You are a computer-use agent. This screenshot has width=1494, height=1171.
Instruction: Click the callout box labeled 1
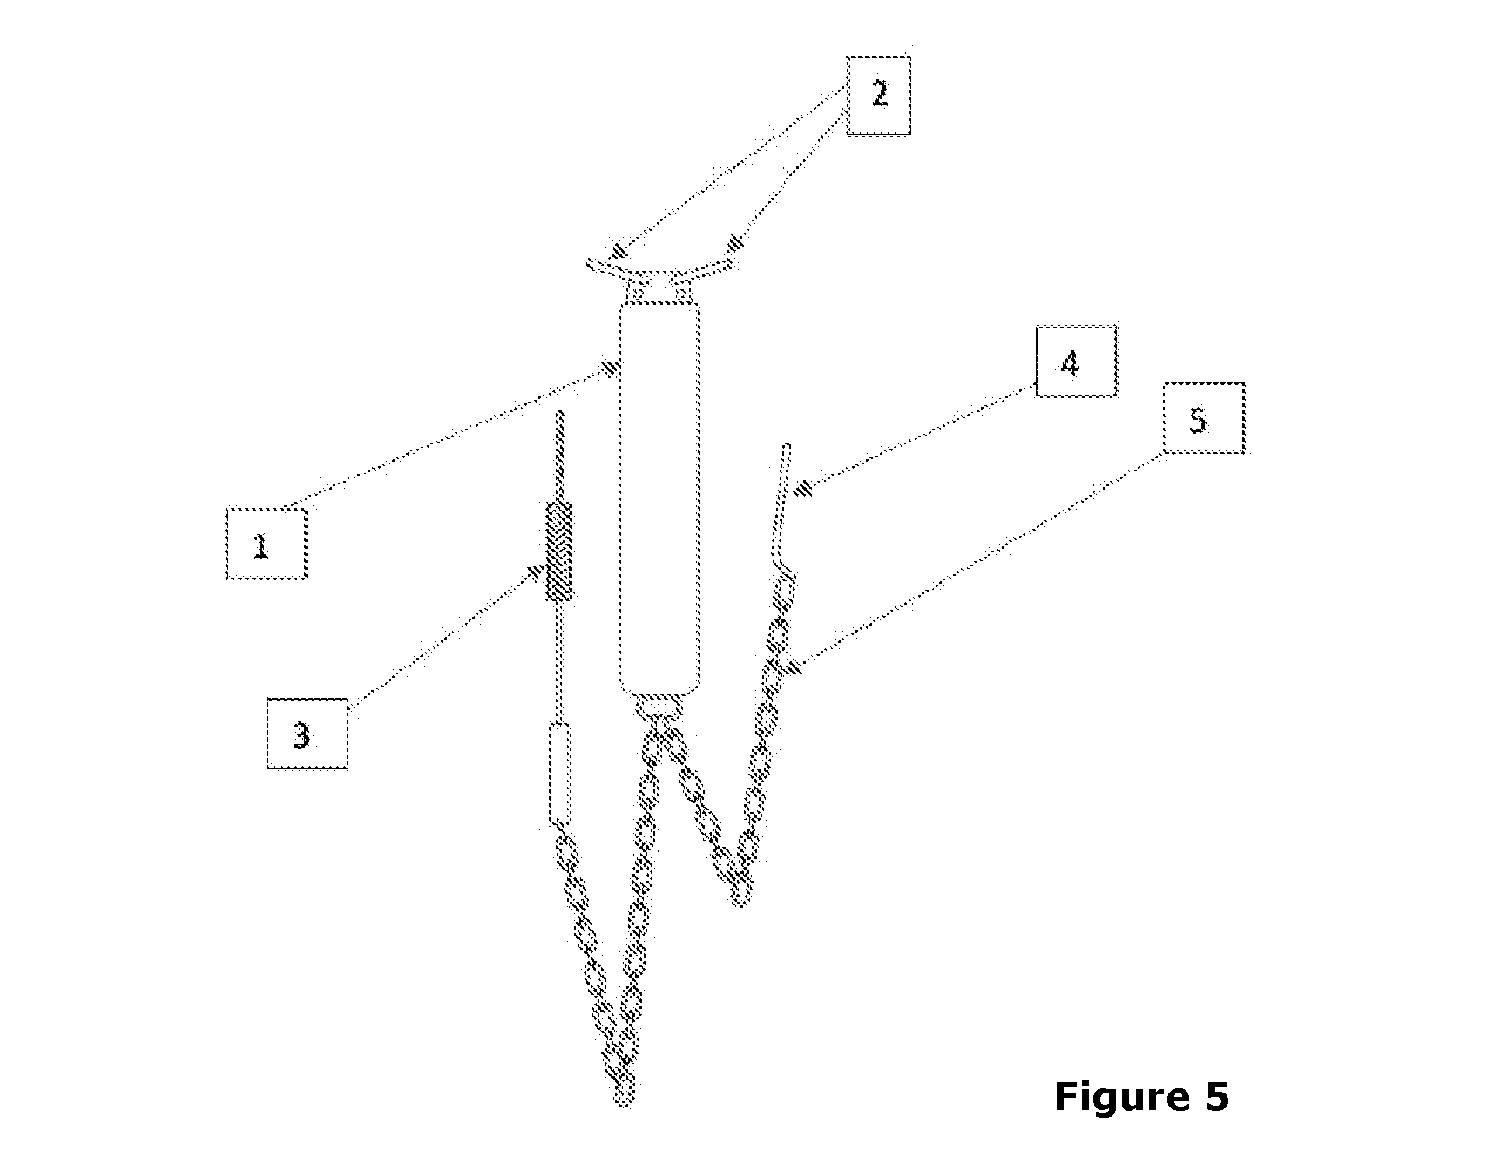click(266, 544)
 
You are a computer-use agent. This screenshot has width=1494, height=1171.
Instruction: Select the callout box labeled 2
click(878, 95)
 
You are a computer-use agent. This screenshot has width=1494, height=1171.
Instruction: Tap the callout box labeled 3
click(307, 734)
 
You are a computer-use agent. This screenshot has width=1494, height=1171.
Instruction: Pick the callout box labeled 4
click(1076, 362)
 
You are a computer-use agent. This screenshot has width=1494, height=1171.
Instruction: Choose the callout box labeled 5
click(1204, 418)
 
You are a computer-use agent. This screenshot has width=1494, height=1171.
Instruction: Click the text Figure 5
click(1141, 1096)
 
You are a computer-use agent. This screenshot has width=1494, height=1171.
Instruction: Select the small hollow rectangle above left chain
click(560, 774)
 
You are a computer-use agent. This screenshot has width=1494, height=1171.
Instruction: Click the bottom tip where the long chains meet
click(625, 1100)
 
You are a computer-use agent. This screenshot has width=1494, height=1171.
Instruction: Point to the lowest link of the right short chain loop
click(740, 890)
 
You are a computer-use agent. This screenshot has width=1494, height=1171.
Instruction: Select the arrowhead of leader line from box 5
click(793, 668)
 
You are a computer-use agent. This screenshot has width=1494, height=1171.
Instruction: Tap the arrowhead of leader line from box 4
click(805, 488)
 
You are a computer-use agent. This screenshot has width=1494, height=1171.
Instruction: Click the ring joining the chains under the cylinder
click(659, 707)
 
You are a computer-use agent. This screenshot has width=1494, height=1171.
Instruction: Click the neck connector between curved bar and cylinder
click(659, 288)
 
